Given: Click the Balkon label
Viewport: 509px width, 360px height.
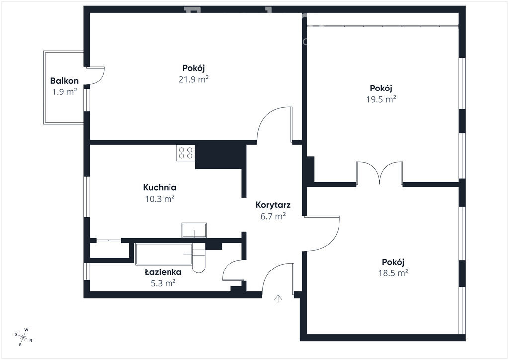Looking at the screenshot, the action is click(x=64, y=81).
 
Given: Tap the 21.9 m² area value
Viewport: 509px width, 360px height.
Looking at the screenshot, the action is click(x=193, y=79).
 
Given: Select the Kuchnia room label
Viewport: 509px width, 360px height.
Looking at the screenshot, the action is click(x=160, y=187).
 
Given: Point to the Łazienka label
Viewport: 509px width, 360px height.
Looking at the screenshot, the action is click(x=163, y=272).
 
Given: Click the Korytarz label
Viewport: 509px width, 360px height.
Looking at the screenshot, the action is click(x=273, y=205).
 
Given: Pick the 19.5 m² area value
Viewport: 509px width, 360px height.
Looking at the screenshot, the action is click(x=381, y=99).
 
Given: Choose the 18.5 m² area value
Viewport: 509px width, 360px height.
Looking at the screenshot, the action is click(x=393, y=272).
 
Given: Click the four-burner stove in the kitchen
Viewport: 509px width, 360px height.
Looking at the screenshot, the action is click(x=186, y=153).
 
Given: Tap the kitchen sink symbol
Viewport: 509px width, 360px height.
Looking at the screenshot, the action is click(x=194, y=230).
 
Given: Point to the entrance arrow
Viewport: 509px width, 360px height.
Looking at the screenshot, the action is click(x=278, y=299).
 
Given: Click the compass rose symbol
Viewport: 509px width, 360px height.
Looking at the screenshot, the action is click(x=23, y=337).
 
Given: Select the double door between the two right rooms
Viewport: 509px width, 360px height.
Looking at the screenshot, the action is click(x=379, y=174).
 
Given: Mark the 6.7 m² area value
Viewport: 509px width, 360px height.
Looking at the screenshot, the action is click(x=273, y=216).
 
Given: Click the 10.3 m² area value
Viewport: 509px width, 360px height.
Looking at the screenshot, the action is click(x=160, y=199).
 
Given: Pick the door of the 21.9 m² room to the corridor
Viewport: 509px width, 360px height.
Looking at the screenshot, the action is click(x=274, y=125).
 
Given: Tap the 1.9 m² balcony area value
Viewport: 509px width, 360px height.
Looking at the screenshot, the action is click(x=64, y=92).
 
